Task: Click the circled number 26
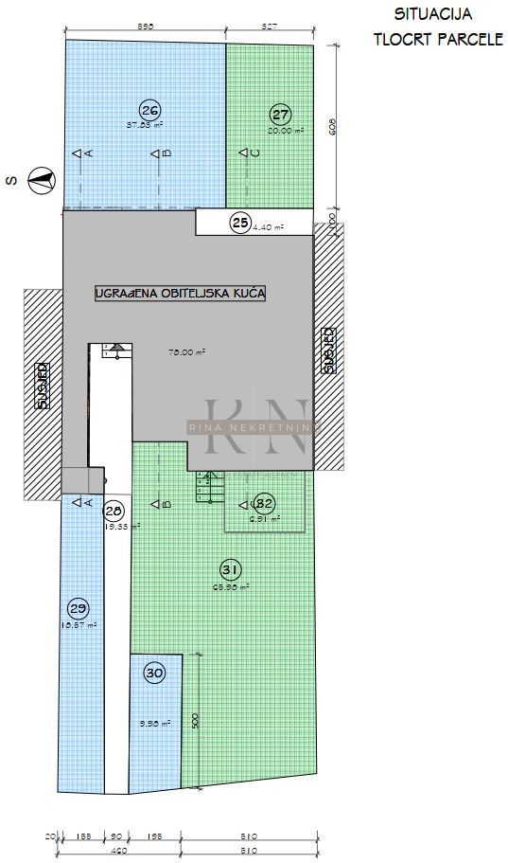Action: click(x=149, y=108)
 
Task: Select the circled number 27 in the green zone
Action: click(x=280, y=115)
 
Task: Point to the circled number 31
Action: click(x=230, y=570)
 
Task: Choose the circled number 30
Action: click(x=155, y=674)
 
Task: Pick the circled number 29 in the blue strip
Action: click(x=79, y=607)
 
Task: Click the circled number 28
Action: click(x=114, y=510)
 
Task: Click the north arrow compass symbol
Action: click(x=40, y=179)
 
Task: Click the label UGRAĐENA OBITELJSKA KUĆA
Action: click(x=180, y=294)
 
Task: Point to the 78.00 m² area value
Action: click(x=187, y=351)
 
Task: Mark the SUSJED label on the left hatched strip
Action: click(x=42, y=386)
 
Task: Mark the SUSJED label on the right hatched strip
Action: click(x=327, y=351)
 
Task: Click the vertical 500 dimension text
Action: click(x=194, y=720)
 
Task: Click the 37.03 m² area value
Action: click(x=145, y=124)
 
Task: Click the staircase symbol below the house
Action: click(x=207, y=488)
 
